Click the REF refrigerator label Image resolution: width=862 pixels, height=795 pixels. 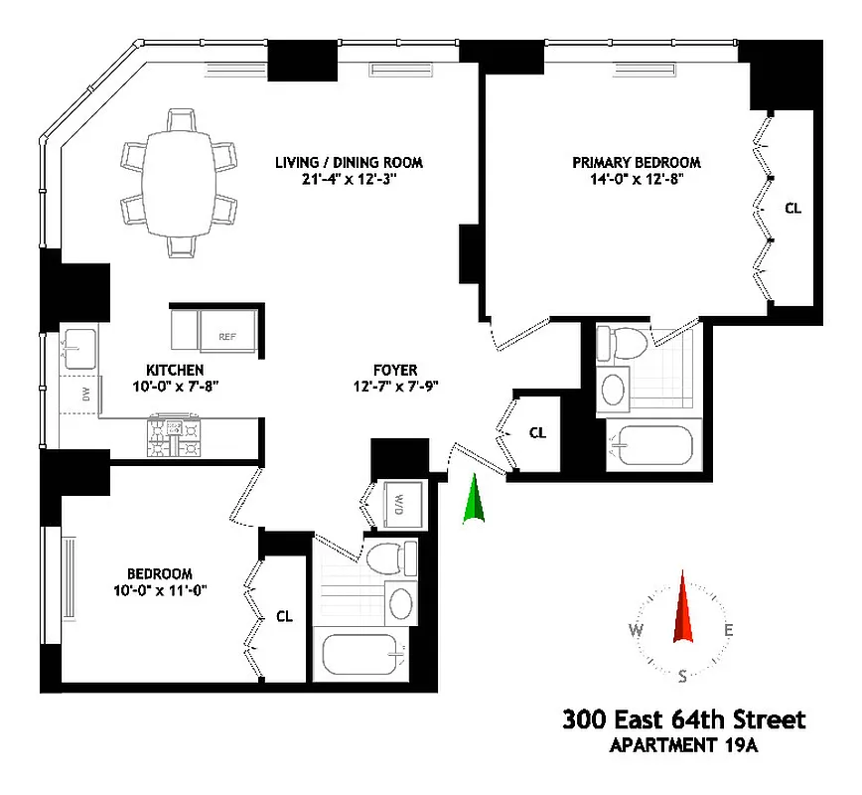[x=229, y=337]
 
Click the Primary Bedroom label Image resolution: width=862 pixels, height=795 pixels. [x=637, y=163]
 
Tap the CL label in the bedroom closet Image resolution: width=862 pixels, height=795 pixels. [x=284, y=616]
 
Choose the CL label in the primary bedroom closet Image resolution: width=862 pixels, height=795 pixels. [x=792, y=209]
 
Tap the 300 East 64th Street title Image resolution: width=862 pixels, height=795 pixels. [x=684, y=718]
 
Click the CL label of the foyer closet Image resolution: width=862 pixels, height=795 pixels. [x=537, y=432]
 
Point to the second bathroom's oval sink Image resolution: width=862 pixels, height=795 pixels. [x=401, y=602]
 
